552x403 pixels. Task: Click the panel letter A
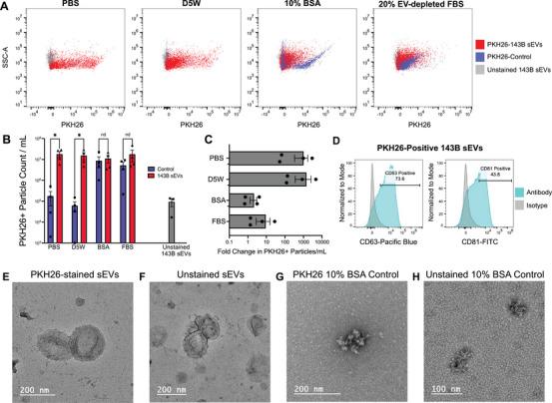pos(6,7)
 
